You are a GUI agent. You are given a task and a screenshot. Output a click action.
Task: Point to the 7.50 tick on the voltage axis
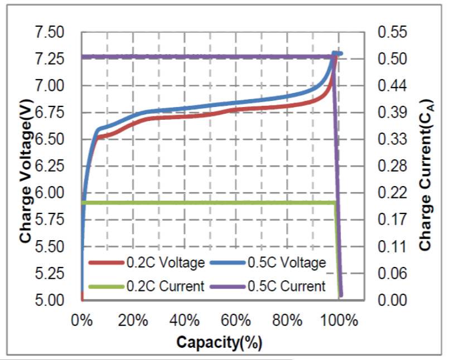(x=50, y=32)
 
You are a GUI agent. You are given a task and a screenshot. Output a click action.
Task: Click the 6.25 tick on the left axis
(x=50, y=167)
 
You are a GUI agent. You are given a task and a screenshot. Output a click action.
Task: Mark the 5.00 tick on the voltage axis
(x=50, y=300)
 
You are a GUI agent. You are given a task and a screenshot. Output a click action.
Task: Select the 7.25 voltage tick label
(x=50, y=59)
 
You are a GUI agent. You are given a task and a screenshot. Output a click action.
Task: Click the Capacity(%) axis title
(x=219, y=342)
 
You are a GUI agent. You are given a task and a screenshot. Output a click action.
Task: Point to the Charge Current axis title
(x=426, y=167)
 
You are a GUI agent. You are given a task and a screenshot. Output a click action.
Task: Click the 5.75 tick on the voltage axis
(x=50, y=220)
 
